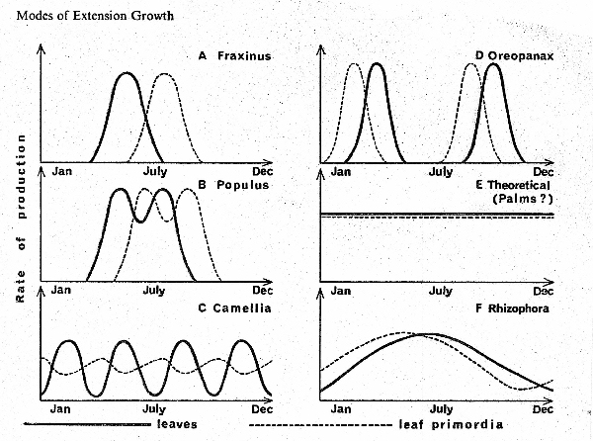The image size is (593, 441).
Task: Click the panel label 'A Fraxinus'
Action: (234, 56)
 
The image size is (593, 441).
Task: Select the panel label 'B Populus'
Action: (234, 185)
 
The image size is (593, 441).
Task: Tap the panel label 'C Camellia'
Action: (235, 309)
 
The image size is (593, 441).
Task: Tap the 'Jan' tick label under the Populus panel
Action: (62, 291)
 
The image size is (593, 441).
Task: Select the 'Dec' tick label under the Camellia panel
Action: (262, 406)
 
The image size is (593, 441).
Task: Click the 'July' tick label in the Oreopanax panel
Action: (441, 172)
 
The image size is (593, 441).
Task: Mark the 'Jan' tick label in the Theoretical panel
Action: (341, 291)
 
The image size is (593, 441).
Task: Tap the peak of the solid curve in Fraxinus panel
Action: (126, 73)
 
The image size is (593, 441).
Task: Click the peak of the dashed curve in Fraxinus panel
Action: (166, 73)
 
